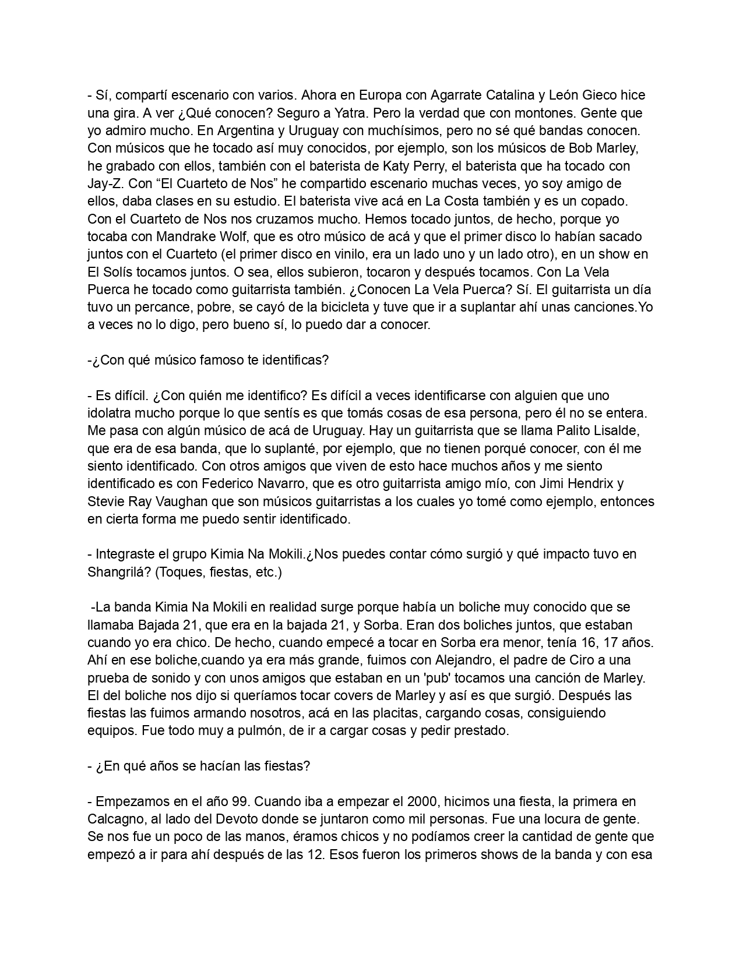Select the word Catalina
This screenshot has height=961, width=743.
tap(520, 95)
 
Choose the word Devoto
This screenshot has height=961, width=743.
tap(219, 819)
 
